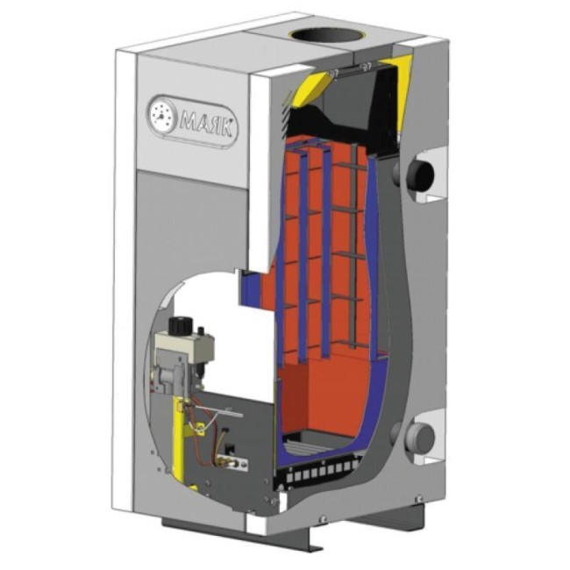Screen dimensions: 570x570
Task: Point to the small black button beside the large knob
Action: click(200, 331)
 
